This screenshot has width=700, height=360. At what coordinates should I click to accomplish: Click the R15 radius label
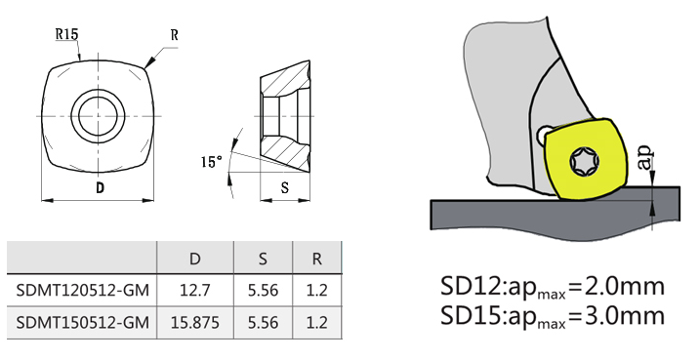click(x=66, y=34)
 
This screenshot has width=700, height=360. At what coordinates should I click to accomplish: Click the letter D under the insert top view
click(x=100, y=188)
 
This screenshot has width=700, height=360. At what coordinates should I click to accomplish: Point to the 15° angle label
click(x=212, y=162)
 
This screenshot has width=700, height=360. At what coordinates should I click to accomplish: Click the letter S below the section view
click(x=285, y=188)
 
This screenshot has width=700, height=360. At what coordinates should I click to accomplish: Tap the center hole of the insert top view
click(x=98, y=115)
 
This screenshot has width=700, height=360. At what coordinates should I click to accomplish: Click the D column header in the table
click(x=195, y=259)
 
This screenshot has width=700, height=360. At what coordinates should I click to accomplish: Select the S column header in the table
click(x=263, y=259)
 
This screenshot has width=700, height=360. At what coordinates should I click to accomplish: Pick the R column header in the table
click(x=316, y=259)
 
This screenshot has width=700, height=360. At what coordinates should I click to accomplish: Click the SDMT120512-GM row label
click(x=83, y=291)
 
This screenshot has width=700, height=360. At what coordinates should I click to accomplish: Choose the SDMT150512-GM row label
click(x=83, y=322)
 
